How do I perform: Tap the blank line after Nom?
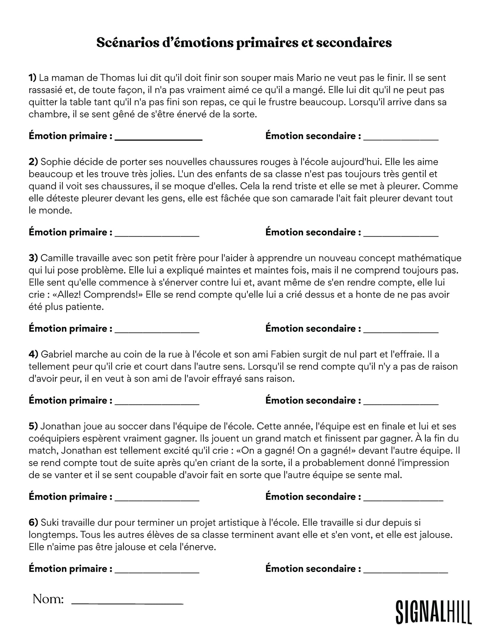[x=127, y=603]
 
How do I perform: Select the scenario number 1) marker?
[x=32, y=78]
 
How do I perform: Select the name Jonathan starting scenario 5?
[x=60, y=426]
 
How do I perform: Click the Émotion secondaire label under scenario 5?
[x=313, y=497]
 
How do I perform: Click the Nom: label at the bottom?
[x=48, y=599]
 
